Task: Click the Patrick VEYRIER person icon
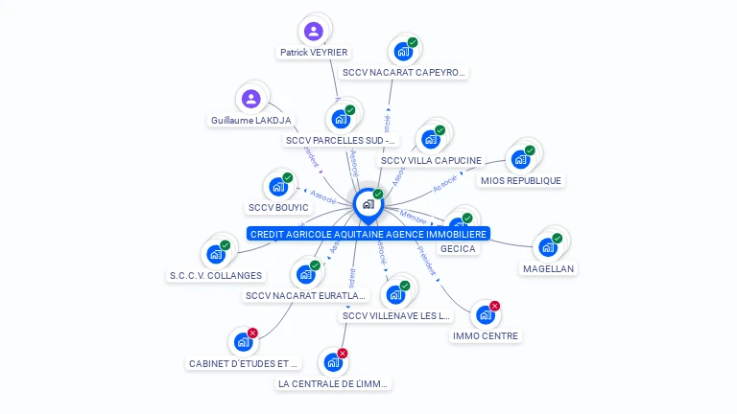click(x=313, y=31)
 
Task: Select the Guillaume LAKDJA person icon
click(x=250, y=99)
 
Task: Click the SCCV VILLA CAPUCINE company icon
click(x=431, y=140)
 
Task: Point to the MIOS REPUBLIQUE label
click(x=521, y=180)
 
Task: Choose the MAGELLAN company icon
click(x=548, y=247)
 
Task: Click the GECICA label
click(x=458, y=248)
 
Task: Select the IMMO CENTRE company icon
click(x=486, y=314)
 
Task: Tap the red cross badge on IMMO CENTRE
click(x=495, y=306)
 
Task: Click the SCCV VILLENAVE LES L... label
click(x=395, y=315)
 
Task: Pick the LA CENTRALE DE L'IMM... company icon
click(x=333, y=362)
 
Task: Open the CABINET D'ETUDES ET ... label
click(x=244, y=363)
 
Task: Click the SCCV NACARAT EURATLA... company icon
click(x=306, y=274)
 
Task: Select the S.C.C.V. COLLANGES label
click(x=216, y=275)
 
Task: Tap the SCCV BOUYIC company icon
click(x=278, y=186)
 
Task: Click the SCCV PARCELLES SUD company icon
click(x=340, y=119)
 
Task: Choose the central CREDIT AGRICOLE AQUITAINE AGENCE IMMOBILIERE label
click(x=368, y=234)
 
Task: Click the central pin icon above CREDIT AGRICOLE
click(x=368, y=203)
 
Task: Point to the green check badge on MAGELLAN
click(x=558, y=239)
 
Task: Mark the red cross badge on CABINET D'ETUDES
click(x=253, y=333)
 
